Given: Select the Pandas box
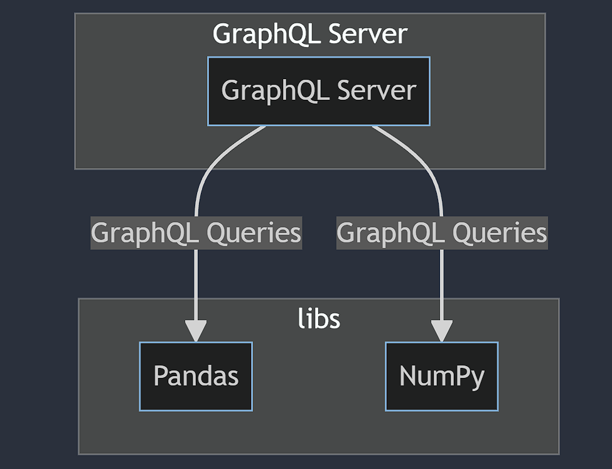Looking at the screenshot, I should point(196,376).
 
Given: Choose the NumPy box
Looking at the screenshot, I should point(441,376).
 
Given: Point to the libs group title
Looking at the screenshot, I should point(319,319).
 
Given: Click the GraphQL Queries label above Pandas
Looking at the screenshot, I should point(196,233).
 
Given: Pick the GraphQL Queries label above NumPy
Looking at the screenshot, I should point(442,233).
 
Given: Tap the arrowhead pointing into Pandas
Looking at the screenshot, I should point(196,331).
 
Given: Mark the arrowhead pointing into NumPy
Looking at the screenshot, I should point(441,331).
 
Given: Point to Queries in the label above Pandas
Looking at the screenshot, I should point(254,233).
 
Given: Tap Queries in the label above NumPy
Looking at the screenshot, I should point(500,233).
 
